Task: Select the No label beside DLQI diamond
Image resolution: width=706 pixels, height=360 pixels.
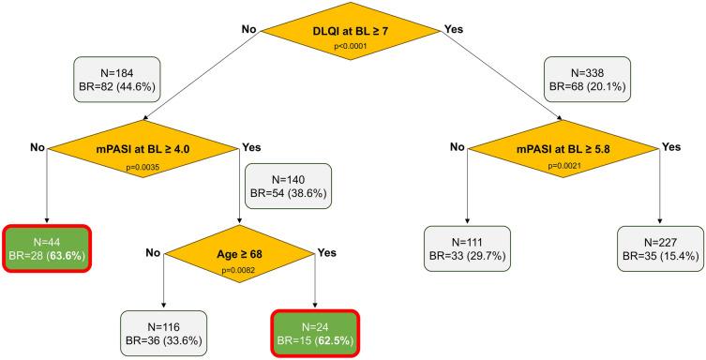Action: click(249, 29)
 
